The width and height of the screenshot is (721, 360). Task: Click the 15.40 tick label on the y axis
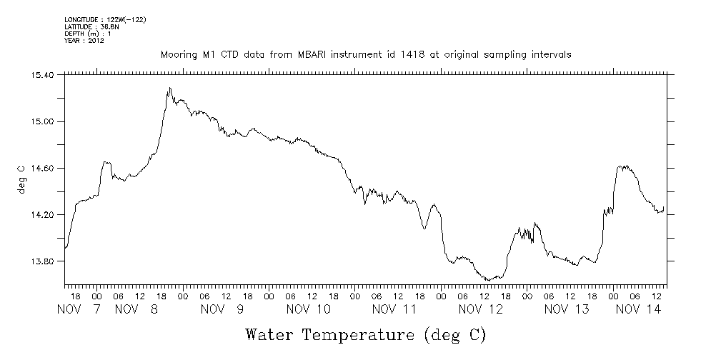[44, 75]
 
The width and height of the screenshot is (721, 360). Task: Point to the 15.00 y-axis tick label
[44, 121]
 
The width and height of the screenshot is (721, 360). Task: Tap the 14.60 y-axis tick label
[44, 168]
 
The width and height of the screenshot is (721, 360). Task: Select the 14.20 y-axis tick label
[44, 214]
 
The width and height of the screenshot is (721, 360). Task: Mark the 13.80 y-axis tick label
[44, 261]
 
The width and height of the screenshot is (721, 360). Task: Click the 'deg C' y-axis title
[21, 179]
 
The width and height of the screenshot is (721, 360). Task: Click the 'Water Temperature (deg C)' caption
[365, 334]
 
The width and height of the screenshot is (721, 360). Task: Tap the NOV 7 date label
[80, 309]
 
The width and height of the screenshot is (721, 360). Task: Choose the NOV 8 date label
[136, 309]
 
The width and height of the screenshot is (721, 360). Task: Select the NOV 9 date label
[223, 309]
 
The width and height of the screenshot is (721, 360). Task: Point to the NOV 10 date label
[309, 309]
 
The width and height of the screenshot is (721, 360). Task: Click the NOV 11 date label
[395, 309]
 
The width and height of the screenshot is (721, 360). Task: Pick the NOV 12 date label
[481, 309]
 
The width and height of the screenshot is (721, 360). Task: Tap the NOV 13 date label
[567, 309]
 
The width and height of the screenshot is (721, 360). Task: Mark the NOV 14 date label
[638, 309]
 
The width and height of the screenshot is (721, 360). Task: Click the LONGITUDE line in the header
[105, 19]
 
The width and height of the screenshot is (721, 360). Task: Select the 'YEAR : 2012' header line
[84, 41]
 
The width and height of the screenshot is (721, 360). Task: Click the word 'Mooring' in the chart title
[177, 55]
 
